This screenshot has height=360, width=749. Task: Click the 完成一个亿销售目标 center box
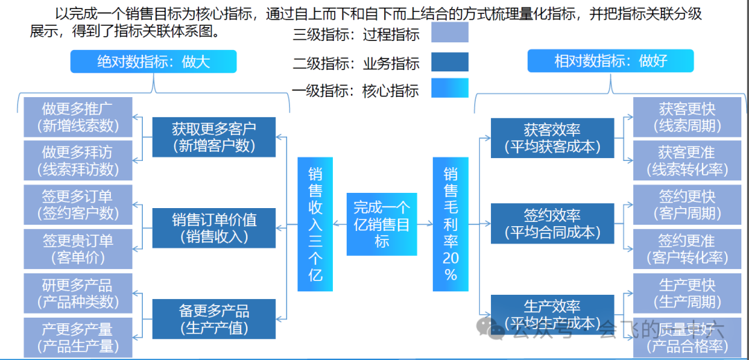tap(381, 224)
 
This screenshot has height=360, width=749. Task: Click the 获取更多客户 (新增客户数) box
tap(214, 137)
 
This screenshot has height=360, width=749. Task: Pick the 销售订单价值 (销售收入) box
tap(214, 228)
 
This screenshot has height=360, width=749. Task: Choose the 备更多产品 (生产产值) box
tap(214, 319)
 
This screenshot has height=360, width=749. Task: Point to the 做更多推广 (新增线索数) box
tap(77, 117)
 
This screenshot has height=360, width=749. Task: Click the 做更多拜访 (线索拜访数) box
tap(77, 161)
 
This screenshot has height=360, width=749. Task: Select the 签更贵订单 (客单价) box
tap(77, 249)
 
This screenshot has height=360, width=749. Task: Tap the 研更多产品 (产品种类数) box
tap(77, 293)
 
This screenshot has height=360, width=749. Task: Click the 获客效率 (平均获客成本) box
tap(552, 138)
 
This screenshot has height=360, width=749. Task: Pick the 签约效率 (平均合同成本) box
tap(552, 223)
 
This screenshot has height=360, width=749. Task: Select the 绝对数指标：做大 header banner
tap(153, 62)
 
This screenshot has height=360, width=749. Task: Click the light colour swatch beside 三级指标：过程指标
tap(449, 33)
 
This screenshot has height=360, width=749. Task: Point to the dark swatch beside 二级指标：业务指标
tap(449, 62)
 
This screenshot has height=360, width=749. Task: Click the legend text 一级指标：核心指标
tap(356, 90)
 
